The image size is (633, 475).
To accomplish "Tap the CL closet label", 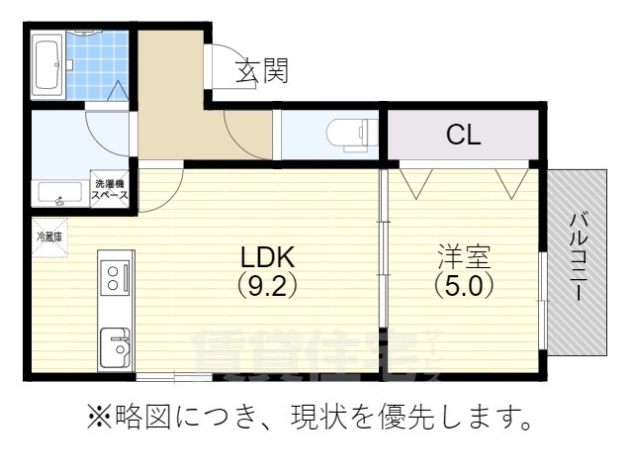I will point(463,136).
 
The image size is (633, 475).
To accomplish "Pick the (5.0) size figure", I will point(463,285).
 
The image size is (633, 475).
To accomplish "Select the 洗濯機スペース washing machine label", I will point(111,188).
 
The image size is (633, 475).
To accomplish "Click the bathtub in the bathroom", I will point(47,65).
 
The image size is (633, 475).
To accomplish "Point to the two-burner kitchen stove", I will point(114,277).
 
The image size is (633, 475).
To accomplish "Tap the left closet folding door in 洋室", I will point(415,181).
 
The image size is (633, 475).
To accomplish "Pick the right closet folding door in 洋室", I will point(513,181).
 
